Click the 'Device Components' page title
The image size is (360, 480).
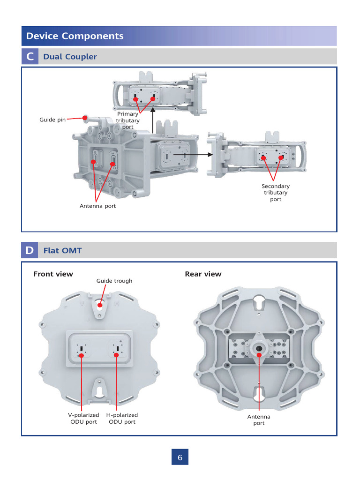click(x=75, y=36)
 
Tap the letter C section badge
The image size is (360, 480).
click(x=30, y=57)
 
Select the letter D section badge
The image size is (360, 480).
click(x=30, y=250)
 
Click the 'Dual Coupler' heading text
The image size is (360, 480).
click(x=70, y=57)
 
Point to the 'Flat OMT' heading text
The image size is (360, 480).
click(x=62, y=250)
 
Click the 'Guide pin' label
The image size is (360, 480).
click(x=52, y=120)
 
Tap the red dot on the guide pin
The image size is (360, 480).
click(x=85, y=118)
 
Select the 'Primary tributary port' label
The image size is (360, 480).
click(x=127, y=120)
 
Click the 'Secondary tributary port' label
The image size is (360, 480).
click(x=276, y=193)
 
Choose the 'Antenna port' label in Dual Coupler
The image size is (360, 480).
click(x=97, y=206)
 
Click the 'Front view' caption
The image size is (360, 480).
click(x=53, y=274)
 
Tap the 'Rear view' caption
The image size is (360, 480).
click(x=203, y=274)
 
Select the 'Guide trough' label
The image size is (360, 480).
click(x=114, y=281)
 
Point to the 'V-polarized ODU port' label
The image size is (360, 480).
click(x=83, y=418)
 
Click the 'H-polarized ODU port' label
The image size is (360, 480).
click(x=122, y=418)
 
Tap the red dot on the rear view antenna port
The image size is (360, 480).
click(x=259, y=350)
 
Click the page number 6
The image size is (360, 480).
click(x=180, y=457)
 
